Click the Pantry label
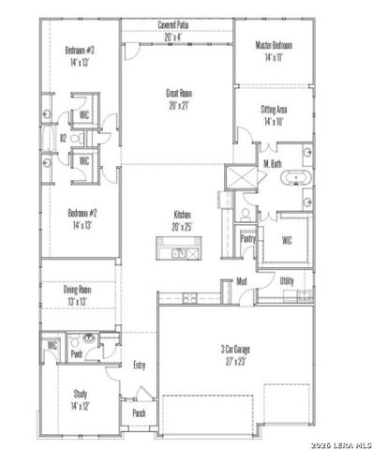pyautogui.click(x=248, y=238)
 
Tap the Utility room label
pyautogui.click(x=287, y=280)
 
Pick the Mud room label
pyautogui.click(x=242, y=280)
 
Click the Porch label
pyautogui.click(x=138, y=412)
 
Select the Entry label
pyautogui.click(x=140, y=365)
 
